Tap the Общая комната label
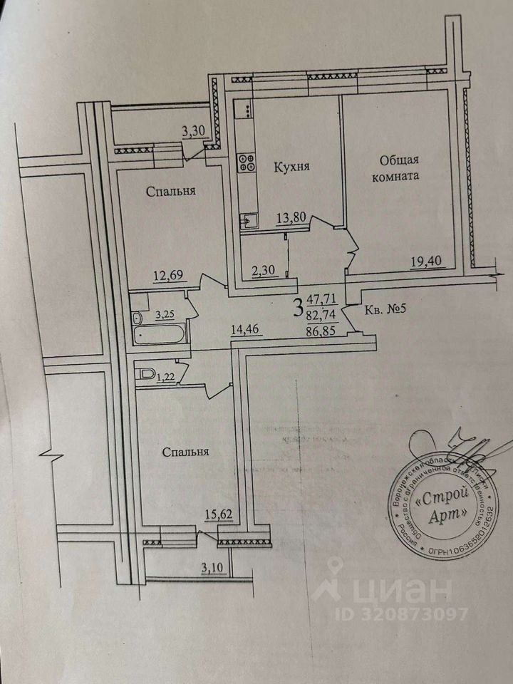(x=399, y=167)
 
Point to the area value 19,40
(x=425, y=261)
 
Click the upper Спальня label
(x=172, y=191)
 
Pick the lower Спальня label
(x=185, y=452)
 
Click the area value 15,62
(x=219, y=514)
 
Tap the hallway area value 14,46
(x=245, y=330)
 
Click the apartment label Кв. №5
(x=385, y=311)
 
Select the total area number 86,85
(x=323, y=331)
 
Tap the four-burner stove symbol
(x=247, y=162)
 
